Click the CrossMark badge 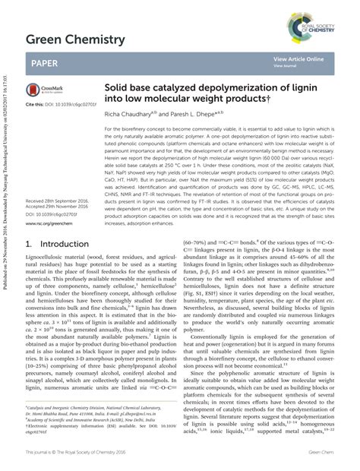[43, 90]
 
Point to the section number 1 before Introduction [29, 245]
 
